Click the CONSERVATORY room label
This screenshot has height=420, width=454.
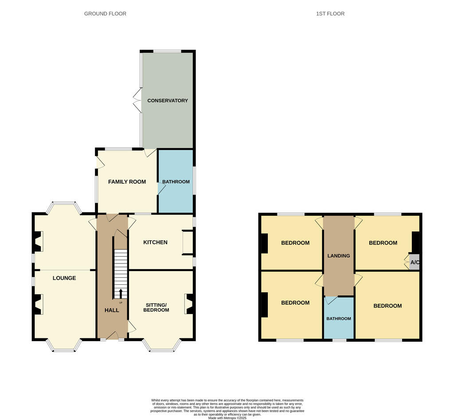point(168,101)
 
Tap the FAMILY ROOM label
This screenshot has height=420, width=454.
point(127,181)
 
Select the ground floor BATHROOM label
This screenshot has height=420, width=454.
point(176,182)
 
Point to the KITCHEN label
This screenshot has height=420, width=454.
point(155,242)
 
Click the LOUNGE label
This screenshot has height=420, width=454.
point(64,278)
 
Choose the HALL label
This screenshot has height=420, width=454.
point(112,310)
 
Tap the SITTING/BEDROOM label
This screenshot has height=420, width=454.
point(157,307)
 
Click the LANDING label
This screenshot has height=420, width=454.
point(339,255)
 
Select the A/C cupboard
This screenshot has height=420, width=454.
point(415,262)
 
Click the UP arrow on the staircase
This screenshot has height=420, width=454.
point(121,293)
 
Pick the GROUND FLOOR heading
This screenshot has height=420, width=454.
point(105,14)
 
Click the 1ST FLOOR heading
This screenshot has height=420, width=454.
point(330,14)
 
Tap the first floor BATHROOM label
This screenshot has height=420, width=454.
point(339,318)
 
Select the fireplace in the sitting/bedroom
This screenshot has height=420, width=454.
point(189,304)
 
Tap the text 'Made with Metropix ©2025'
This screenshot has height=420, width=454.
point(227,418)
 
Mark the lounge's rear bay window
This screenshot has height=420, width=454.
point(64,205)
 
